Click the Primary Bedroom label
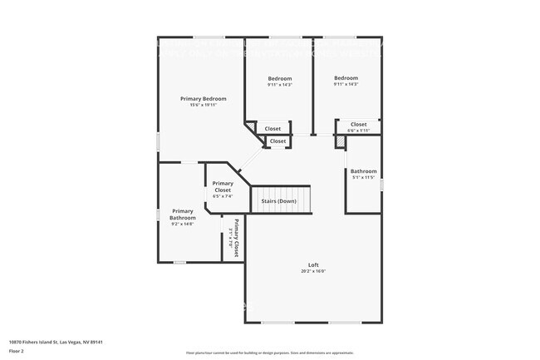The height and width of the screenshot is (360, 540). (x=204, y=98)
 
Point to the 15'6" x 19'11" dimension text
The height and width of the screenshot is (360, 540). (x=204, y=105)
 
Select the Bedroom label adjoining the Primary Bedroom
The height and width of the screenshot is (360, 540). (x=279, y=78)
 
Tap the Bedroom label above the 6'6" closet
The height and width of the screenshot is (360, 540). (x=346, y=78)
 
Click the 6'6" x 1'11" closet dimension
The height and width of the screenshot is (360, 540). (x=358, y=131)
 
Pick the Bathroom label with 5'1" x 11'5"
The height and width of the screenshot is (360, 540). (x=363, y=171)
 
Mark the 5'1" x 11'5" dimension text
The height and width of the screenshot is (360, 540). (x=363, y=177)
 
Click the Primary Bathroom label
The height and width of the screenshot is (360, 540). (x=183, y=214)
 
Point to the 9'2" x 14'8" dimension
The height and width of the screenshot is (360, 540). (x=183, y=224)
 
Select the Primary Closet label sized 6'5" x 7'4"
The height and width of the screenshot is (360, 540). (x=222, y=186)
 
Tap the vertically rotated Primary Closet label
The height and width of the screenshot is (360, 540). (x=236, y=238)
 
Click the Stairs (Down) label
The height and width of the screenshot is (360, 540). (x=278, y=201)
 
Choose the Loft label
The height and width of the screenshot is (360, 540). (x=313, y=264)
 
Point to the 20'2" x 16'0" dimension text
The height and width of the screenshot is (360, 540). (x=313, y=271)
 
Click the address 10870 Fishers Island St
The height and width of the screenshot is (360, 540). (x=56, y=342)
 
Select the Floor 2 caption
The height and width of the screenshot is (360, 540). (x=17, y=352)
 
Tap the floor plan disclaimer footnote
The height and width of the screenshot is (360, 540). (x=269, y=353)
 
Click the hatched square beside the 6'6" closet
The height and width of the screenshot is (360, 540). (x=340, y=142)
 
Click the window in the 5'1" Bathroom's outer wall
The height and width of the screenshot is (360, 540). (x=381, y=184)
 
